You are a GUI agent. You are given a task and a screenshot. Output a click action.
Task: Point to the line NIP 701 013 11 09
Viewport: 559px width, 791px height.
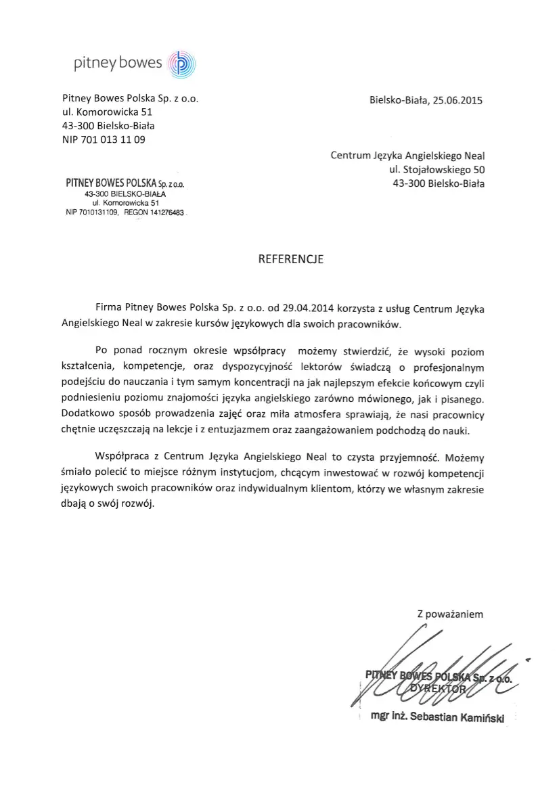tap(104, 140)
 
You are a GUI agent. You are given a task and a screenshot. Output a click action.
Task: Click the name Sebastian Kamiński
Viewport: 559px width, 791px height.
tap(458, 717)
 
